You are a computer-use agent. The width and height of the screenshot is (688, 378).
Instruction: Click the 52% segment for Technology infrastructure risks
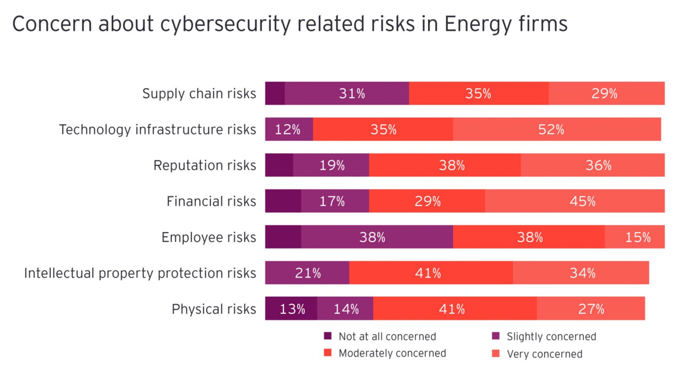(557, 129)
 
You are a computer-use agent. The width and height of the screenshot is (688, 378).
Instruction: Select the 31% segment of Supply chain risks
(347, 93)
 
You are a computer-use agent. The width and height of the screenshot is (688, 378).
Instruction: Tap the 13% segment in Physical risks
(291, 309)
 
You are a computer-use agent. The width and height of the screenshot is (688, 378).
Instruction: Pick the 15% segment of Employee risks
(635, 237)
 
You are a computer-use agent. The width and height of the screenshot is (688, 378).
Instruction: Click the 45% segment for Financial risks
(574, 201)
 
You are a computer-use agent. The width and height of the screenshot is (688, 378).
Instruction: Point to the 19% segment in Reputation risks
(331, 165)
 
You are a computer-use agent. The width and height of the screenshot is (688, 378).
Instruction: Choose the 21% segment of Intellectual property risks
(307, 273)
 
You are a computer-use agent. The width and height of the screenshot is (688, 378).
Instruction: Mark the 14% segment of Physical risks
(345, 309)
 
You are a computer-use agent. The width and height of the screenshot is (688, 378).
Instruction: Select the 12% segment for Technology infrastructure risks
(289, 129)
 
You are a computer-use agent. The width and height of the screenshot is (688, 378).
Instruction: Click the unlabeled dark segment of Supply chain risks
(275, 93)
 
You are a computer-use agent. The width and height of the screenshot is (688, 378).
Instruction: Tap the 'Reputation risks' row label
(205, 166)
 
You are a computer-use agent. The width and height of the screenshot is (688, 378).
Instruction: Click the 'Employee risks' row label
(209, 237)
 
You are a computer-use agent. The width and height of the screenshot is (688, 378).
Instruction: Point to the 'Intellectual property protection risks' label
(140, 273)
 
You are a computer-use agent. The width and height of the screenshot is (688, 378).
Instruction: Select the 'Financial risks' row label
(211, 201)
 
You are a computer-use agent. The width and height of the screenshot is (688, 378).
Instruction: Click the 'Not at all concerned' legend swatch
(328, 336)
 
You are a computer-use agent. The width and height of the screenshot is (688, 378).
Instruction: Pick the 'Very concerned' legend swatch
(496, 353)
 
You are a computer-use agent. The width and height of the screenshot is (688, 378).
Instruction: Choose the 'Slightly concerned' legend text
(551, 336)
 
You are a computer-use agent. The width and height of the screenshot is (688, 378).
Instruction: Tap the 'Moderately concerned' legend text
(392, 353)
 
